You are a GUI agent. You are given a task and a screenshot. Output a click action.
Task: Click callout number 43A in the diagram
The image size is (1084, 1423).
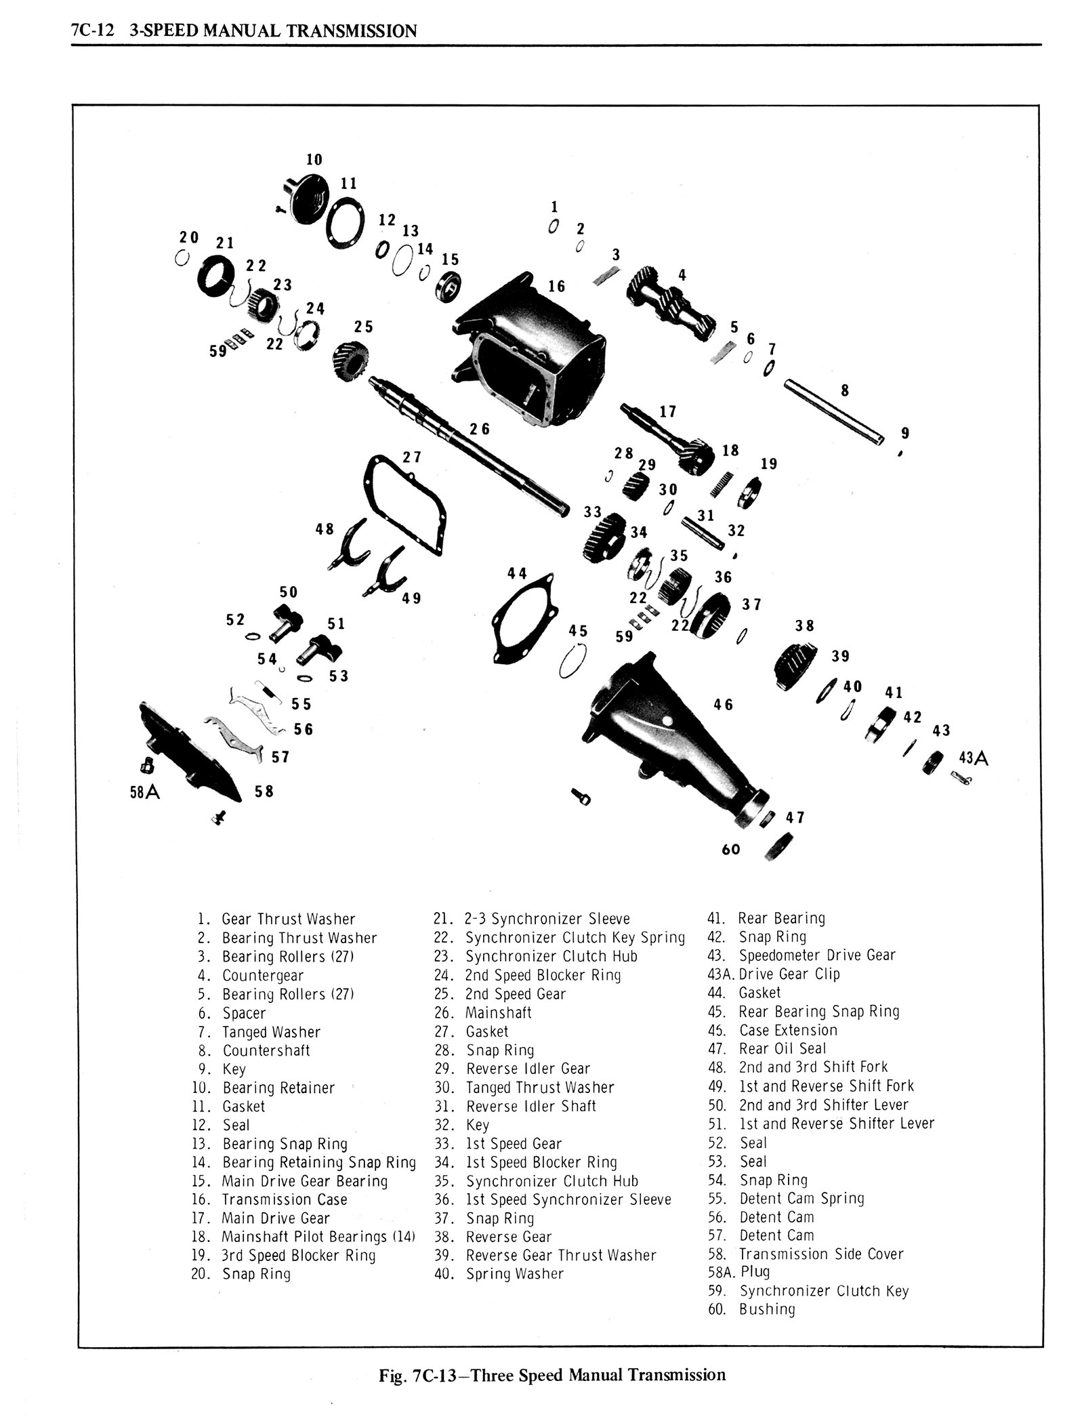(x=974, y=758)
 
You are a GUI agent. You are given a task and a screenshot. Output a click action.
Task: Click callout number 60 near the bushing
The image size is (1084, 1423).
(x=731, y=849)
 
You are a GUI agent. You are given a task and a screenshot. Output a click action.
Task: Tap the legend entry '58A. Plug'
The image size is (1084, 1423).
(x=739, y=1272)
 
